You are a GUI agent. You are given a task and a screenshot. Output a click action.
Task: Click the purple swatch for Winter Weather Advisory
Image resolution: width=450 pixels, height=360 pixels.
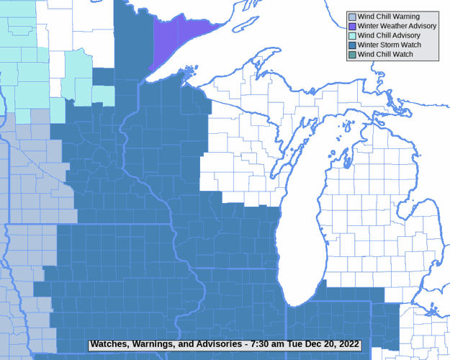pos(351,26)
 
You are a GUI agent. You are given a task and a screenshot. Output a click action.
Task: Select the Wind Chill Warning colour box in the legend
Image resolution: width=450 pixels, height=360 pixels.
pos(351,17)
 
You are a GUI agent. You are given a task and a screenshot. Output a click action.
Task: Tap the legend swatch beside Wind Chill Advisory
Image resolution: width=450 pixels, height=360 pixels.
pos(351,35)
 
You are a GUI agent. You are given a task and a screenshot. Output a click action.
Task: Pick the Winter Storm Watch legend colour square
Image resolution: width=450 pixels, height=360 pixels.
pos(351,45)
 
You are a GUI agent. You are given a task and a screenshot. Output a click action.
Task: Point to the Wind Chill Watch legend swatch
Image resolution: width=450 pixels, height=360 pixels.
pos(351,54)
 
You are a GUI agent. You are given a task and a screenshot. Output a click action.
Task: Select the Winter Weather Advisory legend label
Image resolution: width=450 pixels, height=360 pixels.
pos(397,26)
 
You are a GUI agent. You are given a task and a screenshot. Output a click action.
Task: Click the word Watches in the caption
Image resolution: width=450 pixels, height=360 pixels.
pos(110,344)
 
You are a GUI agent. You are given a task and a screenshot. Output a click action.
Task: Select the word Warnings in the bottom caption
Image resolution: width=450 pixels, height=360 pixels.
pos(157,344)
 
